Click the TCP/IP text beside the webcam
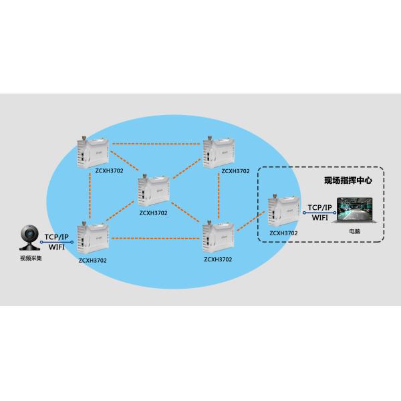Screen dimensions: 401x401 click(55, 237)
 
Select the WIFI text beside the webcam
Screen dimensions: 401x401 click(57, 247)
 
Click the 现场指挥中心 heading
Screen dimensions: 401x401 click(347, 180)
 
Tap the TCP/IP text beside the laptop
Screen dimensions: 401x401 click(319, 207)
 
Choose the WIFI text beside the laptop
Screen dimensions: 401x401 click(319, 217)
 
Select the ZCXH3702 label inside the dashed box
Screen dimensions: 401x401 click(283, 233)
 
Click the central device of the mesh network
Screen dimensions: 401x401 click(153, 190)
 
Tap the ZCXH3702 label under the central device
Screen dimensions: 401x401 click(153, 213)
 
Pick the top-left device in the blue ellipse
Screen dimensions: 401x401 click(90, 150)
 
